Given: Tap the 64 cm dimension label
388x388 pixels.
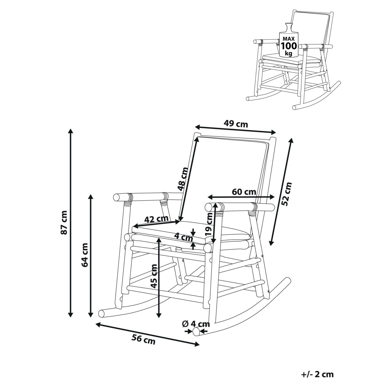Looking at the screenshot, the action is pyautogui.click(x=85, y=255).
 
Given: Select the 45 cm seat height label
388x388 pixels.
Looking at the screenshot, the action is pyautogui.click(x=154, y=276).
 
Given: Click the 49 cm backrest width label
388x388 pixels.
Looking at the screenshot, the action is pyautogui.click(x=236, y=124).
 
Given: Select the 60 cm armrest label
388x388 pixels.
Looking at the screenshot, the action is pyautogui.click(x=244, y=192).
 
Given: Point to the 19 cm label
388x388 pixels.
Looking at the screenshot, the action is pyautogui.click(x=209, y=224).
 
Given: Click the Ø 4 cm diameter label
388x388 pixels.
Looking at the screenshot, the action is pyautogui.click(x=196, y=324).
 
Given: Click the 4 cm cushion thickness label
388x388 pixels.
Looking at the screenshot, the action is pyautogui.click(x=184, y=238).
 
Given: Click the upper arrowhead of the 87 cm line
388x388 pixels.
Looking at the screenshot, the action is pyautogui.click(x=70, y=131).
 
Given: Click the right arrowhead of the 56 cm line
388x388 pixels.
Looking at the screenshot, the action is pyautogui.click(x=197, y=344).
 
